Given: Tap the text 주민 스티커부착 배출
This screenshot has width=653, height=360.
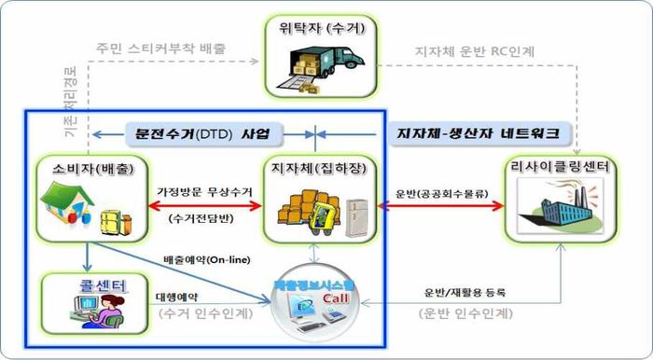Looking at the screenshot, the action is click(x=160, y=48).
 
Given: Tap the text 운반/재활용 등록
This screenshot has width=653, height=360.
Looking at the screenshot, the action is click(x=461, y=293).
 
